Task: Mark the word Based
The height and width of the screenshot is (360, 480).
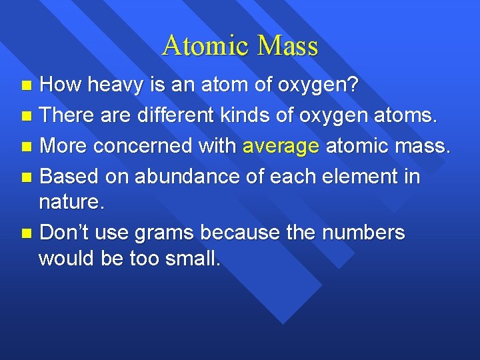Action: [68, 177]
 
